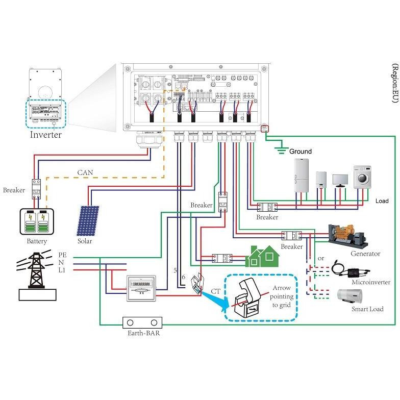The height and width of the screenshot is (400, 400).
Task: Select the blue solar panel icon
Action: coord(88,220)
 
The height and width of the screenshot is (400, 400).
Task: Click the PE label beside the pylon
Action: coord(62,254)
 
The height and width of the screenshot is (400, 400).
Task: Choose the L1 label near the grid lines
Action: coord(62,269)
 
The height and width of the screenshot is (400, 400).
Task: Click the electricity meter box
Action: coord(140,288)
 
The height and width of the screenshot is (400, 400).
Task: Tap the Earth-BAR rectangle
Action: coord(142,323)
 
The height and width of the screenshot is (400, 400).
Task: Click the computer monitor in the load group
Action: coord(340,180)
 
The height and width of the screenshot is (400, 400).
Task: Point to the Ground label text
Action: coord(300,152)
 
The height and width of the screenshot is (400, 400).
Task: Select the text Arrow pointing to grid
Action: coord(281,296)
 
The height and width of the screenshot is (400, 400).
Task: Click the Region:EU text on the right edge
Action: coord(394,84)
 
